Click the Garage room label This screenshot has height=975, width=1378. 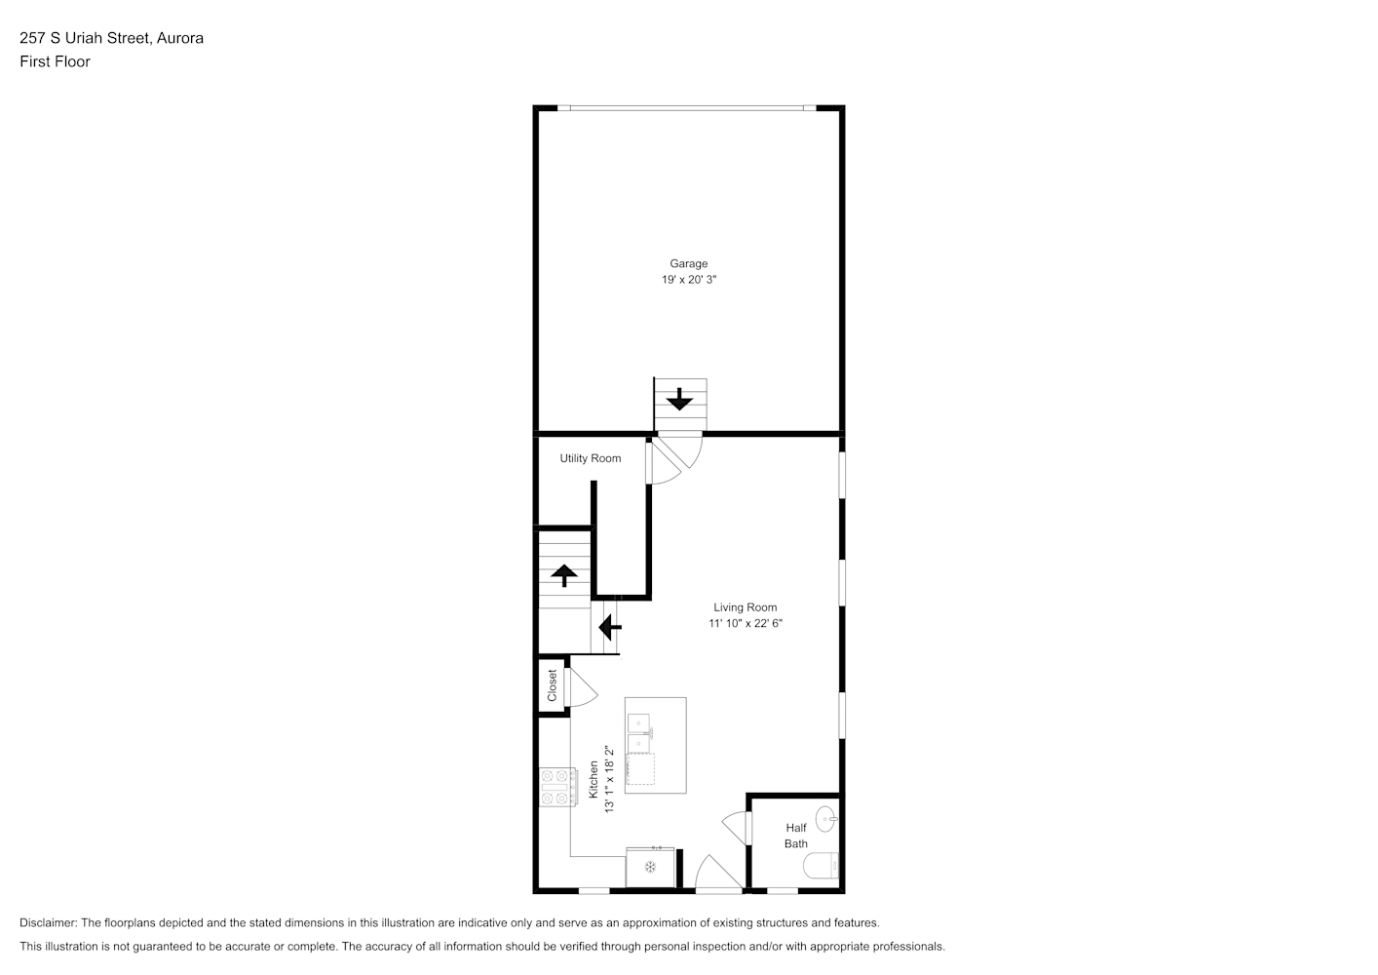[x=688, y=264]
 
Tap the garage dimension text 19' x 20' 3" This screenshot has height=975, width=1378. [x=689, y=280]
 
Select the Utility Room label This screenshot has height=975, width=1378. [x=590, y=458]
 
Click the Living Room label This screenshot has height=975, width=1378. [x=745, y=607]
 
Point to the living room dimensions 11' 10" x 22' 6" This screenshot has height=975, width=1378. [x=745, y=624]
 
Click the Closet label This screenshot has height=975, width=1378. [x=552, y=685]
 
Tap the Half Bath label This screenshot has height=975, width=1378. [x=795, y=836]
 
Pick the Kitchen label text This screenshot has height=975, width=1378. [x=593, y=779]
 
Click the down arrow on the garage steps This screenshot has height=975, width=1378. [x=679, y=399]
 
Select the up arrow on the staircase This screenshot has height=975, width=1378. [x=564, y=575]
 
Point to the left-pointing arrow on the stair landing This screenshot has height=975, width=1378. [x=610, y=627]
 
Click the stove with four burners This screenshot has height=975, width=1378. [x=558, y=787]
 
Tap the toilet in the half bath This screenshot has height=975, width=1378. [x=821, y=866]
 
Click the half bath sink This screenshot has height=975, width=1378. [x=826, y=819]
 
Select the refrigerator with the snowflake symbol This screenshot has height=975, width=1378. [x=650, y=868]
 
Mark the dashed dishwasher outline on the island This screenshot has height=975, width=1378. [x=640, y=769]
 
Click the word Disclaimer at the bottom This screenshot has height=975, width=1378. [x=49, y=922]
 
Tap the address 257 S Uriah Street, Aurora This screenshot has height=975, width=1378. [x=111, y=38]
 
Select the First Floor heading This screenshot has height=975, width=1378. [x=55, y=61]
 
